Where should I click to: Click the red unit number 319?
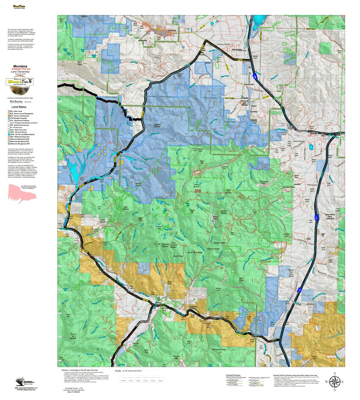click(197, 191)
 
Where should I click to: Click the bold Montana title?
click(20, 66)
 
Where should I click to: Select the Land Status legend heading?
click(19, 107)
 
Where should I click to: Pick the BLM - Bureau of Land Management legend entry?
click(21, 114)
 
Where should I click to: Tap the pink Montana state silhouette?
click(22, 194)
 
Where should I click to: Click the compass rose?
click(334, 382)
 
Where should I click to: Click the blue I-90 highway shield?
click(255, 76)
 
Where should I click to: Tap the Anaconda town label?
click(171, 31)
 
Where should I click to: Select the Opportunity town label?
click(237, 49)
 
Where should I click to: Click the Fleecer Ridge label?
click(219, 243)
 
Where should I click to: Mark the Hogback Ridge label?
click(213, 249)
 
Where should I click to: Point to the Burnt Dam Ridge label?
click(195, 252)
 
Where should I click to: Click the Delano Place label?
click(216, 218)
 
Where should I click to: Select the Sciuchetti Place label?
click(264, 183)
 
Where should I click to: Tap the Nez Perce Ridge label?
click(219, 349)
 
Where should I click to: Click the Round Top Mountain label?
click(73, 336)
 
